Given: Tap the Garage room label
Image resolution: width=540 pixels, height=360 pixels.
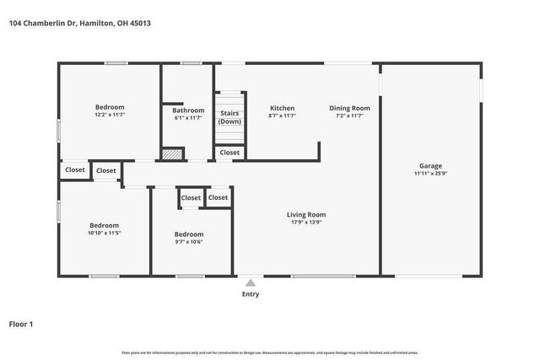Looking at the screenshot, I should tap(430, 166).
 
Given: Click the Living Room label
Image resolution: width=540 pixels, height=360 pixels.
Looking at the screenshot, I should tap(306, 214).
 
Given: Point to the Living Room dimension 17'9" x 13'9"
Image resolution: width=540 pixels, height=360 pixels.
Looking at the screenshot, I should tap(306, 223).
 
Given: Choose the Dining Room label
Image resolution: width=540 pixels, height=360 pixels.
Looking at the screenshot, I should tap(349, 108).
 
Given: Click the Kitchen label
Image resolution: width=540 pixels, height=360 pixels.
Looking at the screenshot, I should tap(282, 108).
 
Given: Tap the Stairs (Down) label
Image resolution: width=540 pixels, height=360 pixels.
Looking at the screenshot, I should tap(229, 117).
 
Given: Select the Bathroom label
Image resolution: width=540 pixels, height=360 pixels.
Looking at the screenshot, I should tap(188, 110).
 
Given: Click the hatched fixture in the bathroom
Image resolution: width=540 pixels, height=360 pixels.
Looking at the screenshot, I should tap(172, 154).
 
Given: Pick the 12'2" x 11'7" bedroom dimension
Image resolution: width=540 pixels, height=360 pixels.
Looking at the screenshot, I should tap(110, 116).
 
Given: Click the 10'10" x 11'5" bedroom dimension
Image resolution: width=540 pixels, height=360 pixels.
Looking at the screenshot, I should tap(105, 234).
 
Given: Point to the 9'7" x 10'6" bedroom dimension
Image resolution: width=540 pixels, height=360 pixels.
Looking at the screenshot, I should tap(189, 242).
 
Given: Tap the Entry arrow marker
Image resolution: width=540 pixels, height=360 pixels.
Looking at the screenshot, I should tap(251, 282).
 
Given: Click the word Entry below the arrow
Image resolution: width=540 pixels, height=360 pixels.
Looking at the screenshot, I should tap(251, 294).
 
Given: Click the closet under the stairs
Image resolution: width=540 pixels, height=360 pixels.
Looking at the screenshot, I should tap(229, 153).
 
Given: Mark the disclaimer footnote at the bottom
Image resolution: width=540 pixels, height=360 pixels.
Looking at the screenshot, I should tap(270, 352).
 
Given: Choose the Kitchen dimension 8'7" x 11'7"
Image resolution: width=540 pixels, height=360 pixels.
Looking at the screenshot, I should tap(282, 116).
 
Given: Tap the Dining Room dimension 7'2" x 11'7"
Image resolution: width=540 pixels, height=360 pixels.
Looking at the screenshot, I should tap(349, 116).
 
